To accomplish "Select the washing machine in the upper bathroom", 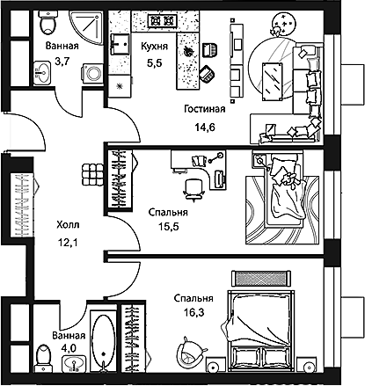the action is click(92, 73).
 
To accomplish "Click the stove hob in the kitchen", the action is click(162, 20).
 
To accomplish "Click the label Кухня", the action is click(154, 47).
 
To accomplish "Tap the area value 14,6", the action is click(205, 127).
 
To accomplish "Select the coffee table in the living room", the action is click(273, 81).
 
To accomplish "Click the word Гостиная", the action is click(205, 109).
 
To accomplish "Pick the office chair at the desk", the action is click(193, 189).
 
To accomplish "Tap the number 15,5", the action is click(169, 226).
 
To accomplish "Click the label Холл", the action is click(68, 225).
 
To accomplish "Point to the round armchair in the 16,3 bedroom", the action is click(190, 351).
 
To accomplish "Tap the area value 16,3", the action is click(193, 313).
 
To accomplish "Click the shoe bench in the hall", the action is click(92, 175).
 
